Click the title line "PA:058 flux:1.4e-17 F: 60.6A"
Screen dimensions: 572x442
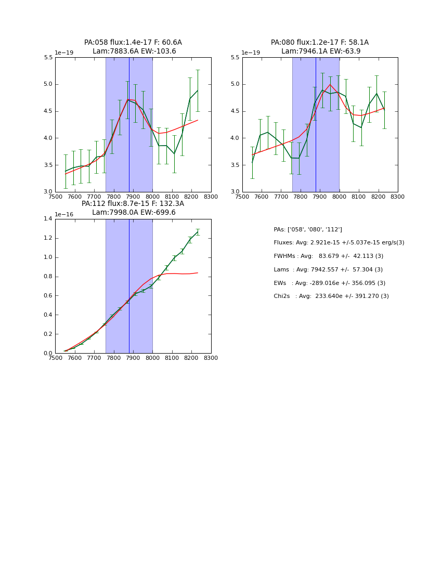133,43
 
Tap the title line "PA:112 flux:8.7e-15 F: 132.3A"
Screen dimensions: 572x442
133,204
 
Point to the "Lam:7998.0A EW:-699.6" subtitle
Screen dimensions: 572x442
133,212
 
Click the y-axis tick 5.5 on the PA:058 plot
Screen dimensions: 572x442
48,58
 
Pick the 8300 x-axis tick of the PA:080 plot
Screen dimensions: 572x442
398,197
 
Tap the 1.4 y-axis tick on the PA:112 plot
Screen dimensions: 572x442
48,219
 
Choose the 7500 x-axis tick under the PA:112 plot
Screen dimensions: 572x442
55,358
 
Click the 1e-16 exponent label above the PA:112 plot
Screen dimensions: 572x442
65,214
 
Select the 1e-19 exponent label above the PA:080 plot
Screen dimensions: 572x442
252,53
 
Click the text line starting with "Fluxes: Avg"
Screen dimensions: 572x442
339,243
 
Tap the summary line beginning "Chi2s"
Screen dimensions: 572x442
331,296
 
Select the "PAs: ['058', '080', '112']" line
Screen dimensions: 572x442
307,229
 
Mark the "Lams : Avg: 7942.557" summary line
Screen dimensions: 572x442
328,269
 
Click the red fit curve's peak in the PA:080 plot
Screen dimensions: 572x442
330,84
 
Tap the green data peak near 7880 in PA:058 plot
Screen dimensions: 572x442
128,99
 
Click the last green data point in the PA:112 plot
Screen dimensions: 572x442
198,232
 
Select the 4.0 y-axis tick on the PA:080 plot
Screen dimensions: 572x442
235,138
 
